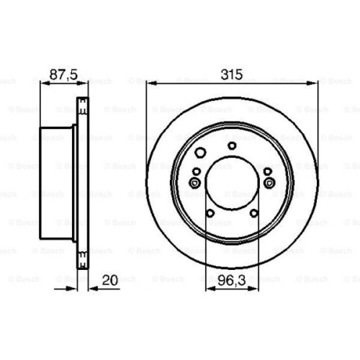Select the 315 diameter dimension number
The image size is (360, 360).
click(x=231, y=73)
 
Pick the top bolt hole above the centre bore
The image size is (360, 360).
click(x=231, y=145)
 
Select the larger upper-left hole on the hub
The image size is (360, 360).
click(x=202, y=152)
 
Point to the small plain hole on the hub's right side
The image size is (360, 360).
click(x=266, y=171)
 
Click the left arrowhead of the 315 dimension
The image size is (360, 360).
click(x=149, y=83)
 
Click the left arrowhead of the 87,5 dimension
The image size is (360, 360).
click(x=41, y=83)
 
